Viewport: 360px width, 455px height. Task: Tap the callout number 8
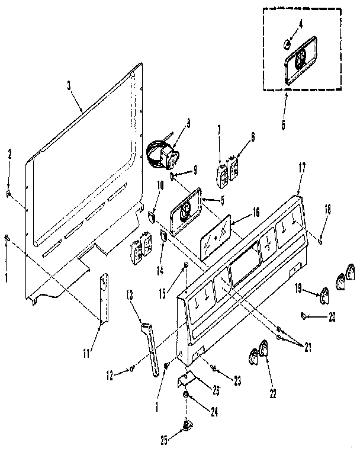[188, 124]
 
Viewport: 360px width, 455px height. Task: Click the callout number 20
[332, 317]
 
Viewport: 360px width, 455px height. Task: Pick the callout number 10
[160, 185]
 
